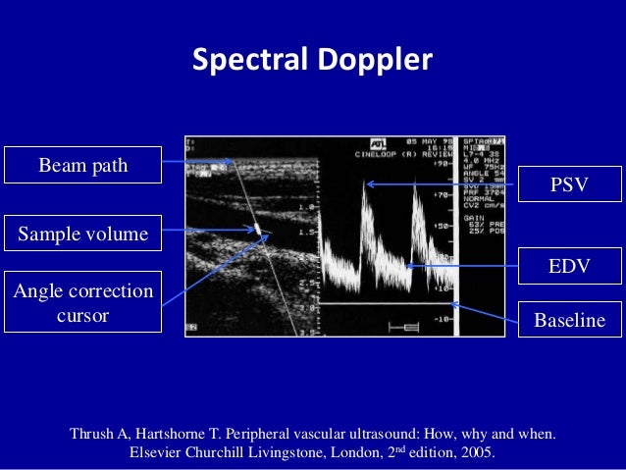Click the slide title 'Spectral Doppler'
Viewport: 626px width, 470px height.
(x=312, y=60)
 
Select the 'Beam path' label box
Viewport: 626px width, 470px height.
(x=82, y=165)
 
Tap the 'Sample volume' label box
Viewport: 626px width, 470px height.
(x=82, y=234)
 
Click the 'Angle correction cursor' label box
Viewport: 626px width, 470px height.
(x=82, y=302)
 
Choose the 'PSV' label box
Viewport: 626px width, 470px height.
(x=569, y=184)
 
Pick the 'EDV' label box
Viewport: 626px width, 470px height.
(x=569, y=267)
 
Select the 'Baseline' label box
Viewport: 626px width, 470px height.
(x=569, y=321)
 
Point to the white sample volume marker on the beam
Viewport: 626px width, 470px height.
(x=259, y=231)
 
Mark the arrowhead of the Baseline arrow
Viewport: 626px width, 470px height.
(x=452, y=304)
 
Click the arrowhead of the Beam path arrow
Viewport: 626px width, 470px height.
(x=232, y=162)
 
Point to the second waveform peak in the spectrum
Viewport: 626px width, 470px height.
(x=415, y=189)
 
